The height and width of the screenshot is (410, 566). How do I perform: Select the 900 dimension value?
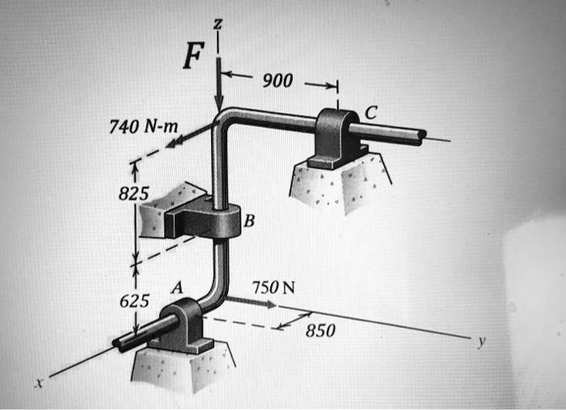point(277,82)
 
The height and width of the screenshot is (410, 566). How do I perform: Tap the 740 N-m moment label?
point(145,126)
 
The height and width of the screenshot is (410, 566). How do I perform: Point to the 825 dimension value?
point(134,194)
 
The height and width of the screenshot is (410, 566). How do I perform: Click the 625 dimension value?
point(134,302)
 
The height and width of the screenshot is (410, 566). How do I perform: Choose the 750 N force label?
point(273,288)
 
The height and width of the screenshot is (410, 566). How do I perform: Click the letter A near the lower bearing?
point(177,286)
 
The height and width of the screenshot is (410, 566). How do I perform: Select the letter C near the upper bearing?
point(370,114)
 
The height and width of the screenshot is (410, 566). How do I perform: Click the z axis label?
point(216,25)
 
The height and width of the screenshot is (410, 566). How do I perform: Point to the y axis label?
point(481,342)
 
